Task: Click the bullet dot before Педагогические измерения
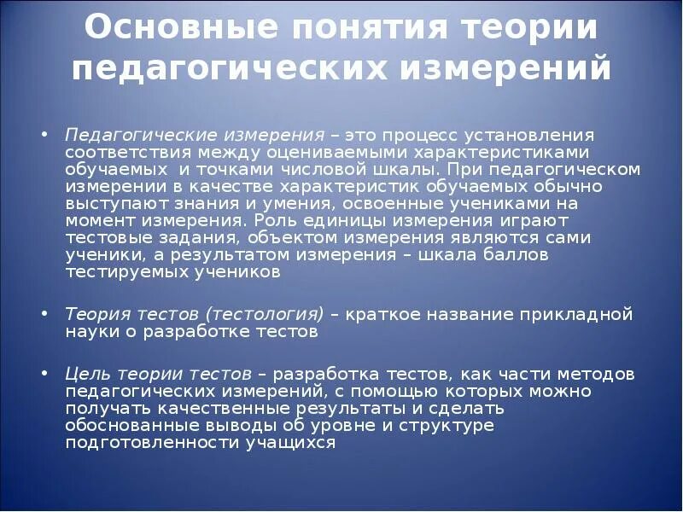coord(44,137)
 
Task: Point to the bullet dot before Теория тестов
coord(44,315)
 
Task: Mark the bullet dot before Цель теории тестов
coord(44,375)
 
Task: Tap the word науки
coord(90,332)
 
